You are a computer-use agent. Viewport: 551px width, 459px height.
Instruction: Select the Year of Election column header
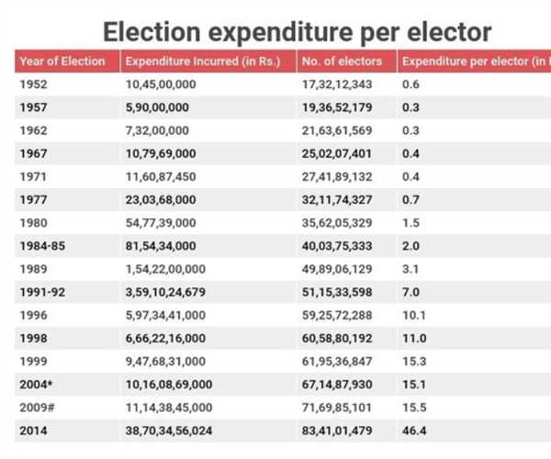[x=61, y=62]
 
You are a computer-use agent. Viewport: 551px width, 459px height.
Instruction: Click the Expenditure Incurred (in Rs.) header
[x=203, y=62]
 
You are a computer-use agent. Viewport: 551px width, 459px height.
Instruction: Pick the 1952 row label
[x=33, y=84]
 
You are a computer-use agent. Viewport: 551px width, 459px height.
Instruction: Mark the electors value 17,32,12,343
[x=338, y=84]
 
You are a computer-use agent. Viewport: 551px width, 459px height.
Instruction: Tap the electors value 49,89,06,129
[x=338, y=270]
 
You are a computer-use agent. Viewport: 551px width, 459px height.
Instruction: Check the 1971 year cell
[x=33, y=175]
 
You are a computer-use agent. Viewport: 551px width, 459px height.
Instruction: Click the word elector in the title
[x=447, y=32]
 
